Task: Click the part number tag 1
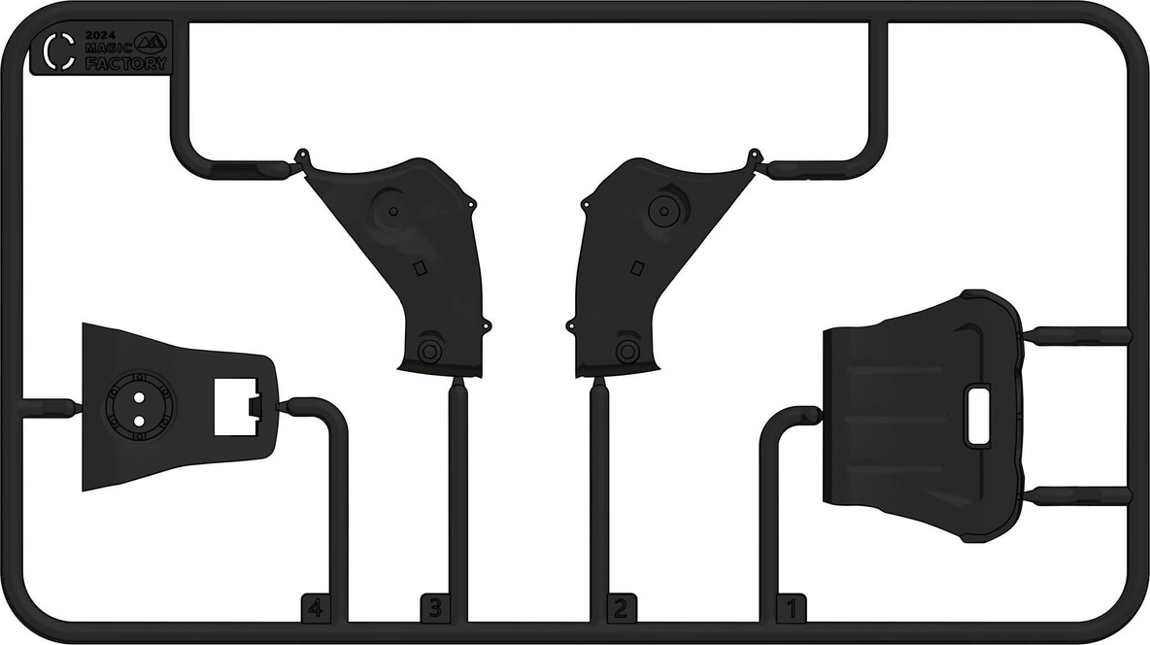[x=793, y=608]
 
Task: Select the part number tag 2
[x=622, y=608]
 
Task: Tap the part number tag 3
[x=436, y=608]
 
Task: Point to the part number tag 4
[x=316, y=608]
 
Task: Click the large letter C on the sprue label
[x=58, y=51]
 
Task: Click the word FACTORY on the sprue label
[x=126, y=64]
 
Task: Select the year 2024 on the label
[x=100, y=35]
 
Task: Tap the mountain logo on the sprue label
[x=151, y=43]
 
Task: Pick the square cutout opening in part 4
[x=235, y=406]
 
